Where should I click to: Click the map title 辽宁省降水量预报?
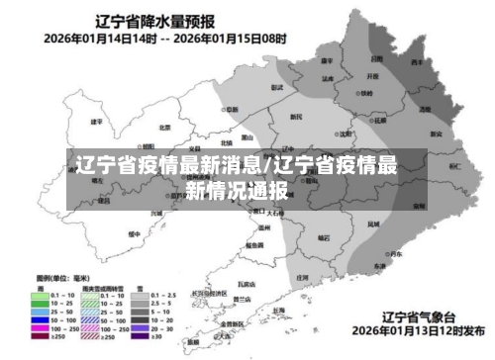[x=156, y=20]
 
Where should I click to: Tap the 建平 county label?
[x=96, y=122]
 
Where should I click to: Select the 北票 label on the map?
[x=165, y=127]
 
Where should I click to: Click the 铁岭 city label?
[x=366, y=94]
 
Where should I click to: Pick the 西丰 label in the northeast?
[x=418, y=61]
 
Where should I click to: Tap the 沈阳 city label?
[x=346, y=134]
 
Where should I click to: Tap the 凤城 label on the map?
[x=372, y=225]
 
